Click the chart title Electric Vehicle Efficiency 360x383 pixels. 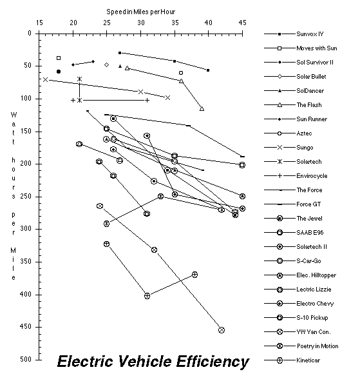[153, 362]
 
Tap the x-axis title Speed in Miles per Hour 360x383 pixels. [141, 12]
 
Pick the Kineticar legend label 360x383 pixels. [308, 360]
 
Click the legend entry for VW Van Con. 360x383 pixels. [314, 331]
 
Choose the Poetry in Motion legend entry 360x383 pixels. [317, 346]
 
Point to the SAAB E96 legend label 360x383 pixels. [310, 233]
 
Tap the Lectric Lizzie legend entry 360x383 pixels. [314, 290]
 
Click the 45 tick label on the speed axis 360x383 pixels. [242, 23]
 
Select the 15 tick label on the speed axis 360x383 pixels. [39, 23]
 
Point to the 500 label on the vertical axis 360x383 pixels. [26, 360]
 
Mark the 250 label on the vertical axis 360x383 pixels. [26, 197]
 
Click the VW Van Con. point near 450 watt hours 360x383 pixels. [222, 330]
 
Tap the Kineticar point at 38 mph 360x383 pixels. [194, 275]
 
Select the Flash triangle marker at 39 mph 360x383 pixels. [202, 108]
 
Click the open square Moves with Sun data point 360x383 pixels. [59, 58]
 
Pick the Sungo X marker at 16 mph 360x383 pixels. [45, 79]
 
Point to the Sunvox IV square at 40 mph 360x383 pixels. [208, 70]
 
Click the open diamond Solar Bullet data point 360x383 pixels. [107, 64]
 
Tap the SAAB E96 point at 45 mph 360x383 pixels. [242, 165]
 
